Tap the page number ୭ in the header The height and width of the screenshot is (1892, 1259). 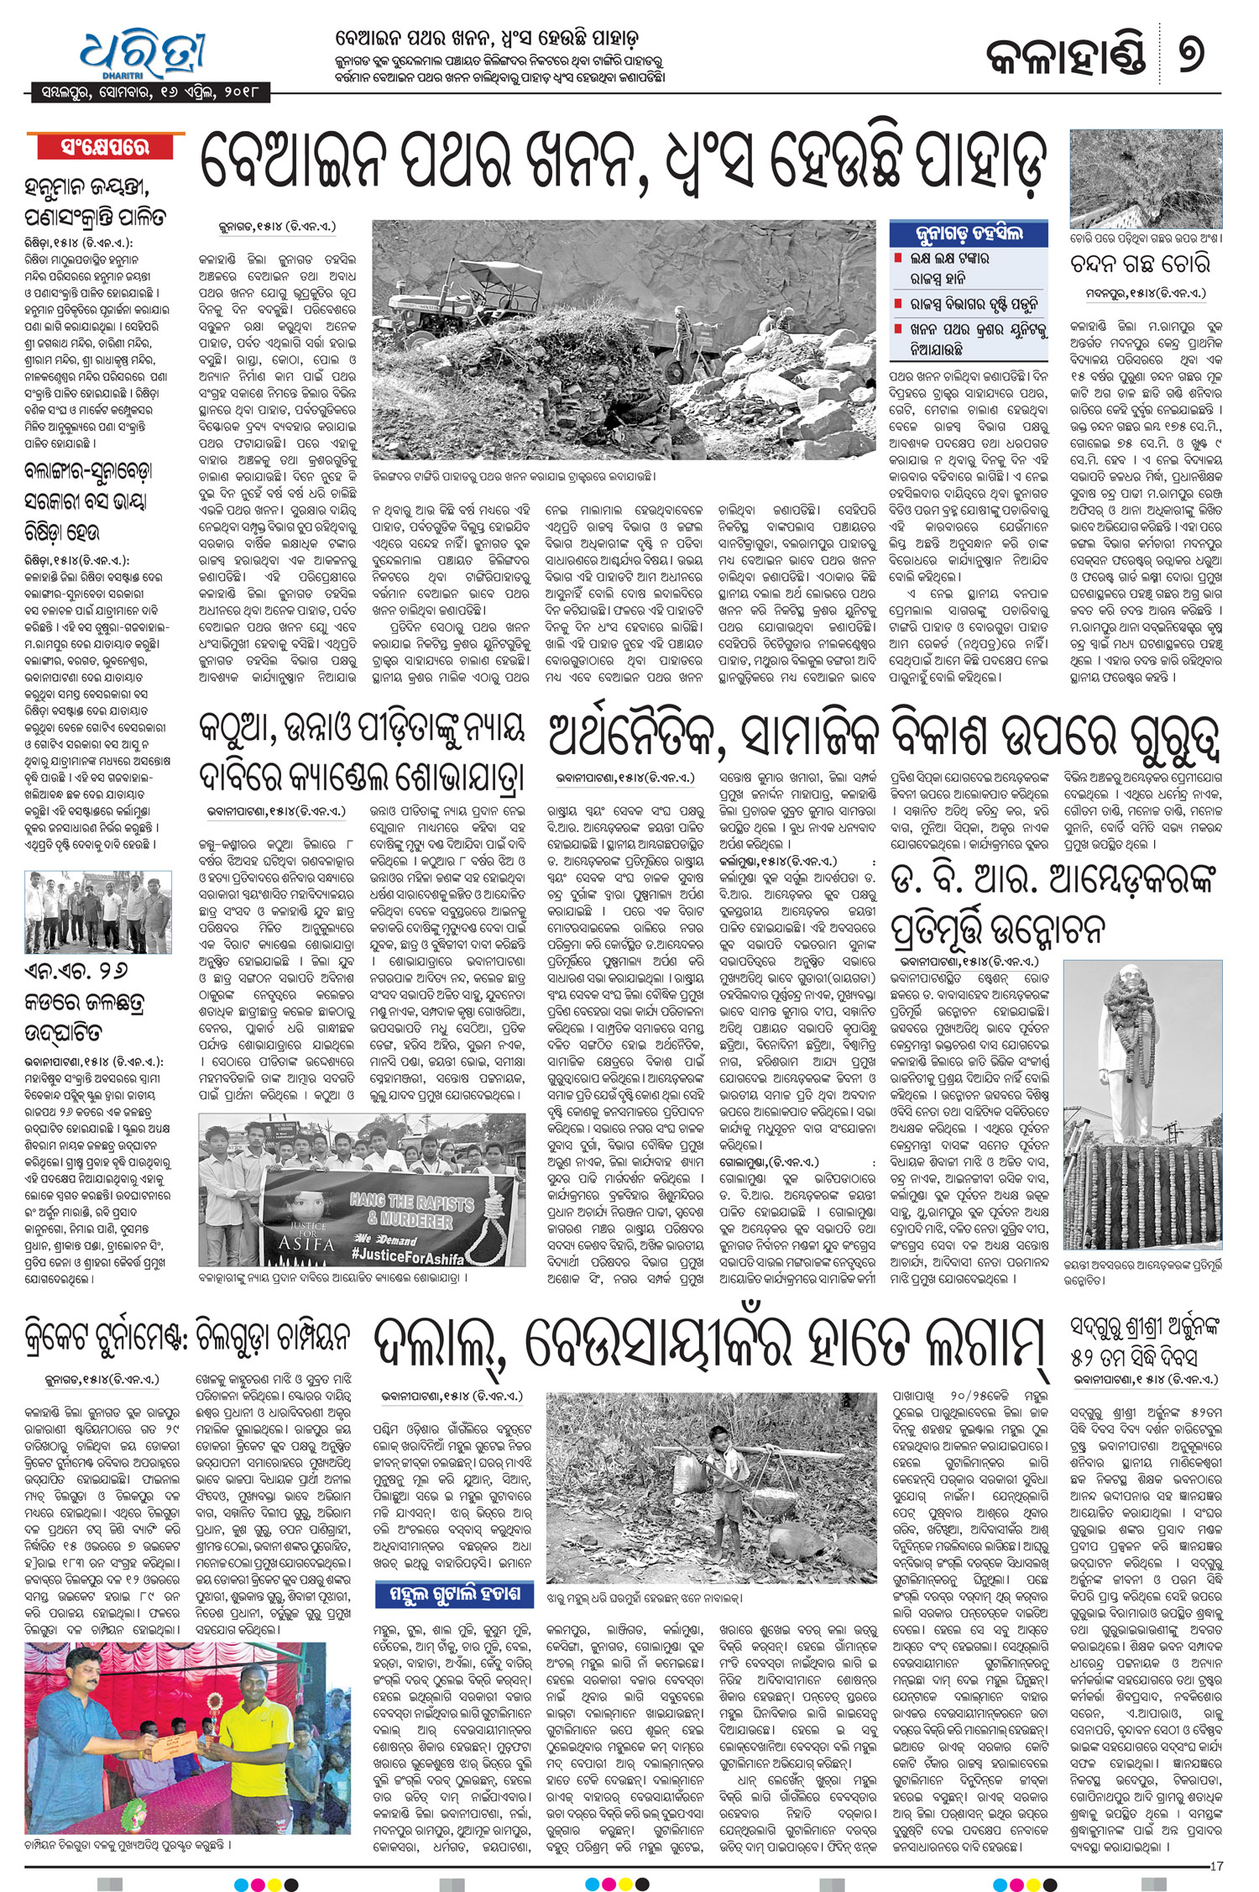[x=1189, y=52]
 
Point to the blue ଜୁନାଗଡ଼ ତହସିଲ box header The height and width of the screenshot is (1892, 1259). [x=969, y=233]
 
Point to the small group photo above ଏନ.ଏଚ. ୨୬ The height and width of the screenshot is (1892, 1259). [x=98, y=910]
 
